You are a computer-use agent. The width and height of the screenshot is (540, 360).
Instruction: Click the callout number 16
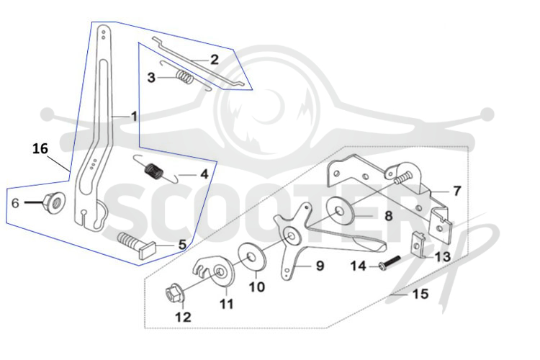(40, 149)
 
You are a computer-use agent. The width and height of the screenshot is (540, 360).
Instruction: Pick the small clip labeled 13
(419, 246)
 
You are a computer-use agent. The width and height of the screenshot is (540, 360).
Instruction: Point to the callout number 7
(456, 192)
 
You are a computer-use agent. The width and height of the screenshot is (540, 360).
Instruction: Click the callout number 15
(420, 294)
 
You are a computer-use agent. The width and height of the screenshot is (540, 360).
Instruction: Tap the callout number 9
(320, 266)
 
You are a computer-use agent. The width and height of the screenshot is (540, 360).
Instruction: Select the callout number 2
(215, 60)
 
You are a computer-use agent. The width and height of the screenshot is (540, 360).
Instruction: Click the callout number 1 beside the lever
(134, 117)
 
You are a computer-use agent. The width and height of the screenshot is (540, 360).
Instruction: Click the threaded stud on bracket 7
(402, 177)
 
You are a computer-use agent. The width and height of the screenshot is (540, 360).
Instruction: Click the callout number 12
(183, 317)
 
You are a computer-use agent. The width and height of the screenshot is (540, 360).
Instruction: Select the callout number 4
(204, 174)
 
